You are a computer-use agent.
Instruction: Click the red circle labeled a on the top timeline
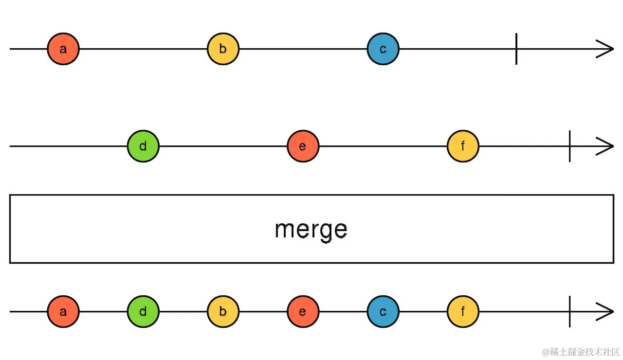(63, 49)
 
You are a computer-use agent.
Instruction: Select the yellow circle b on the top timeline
(223, 49)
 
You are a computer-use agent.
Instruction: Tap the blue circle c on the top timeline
(383, 49)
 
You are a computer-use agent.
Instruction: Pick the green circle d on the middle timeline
(143, 146)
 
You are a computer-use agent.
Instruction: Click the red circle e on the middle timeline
(303, 146)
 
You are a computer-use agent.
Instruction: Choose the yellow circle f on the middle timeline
(463, 146)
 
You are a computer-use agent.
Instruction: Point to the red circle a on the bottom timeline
(63, 311)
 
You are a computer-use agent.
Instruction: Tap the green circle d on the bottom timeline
(143, 311)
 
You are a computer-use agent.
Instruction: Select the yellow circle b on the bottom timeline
(223, 311)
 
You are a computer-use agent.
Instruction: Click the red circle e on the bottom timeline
(303, 311)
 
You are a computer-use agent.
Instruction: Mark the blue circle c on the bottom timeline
(383, 311)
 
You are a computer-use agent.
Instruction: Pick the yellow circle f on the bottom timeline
(463, 311)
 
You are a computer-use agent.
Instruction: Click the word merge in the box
(311, 229)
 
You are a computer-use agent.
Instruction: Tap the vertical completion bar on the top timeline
(516, 49)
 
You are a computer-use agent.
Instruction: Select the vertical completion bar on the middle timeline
(569, 146)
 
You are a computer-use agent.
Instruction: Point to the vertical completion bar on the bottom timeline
(569, 311)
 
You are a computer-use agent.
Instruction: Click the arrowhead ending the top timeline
(606, 49)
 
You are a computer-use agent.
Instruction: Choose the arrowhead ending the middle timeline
(606, 146)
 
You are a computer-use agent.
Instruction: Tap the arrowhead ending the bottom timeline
(606, 311)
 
